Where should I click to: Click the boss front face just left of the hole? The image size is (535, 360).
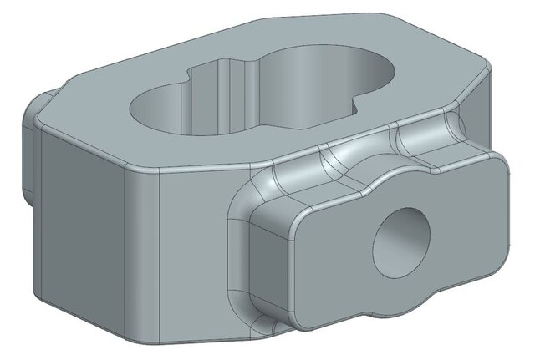pos(334,251)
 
